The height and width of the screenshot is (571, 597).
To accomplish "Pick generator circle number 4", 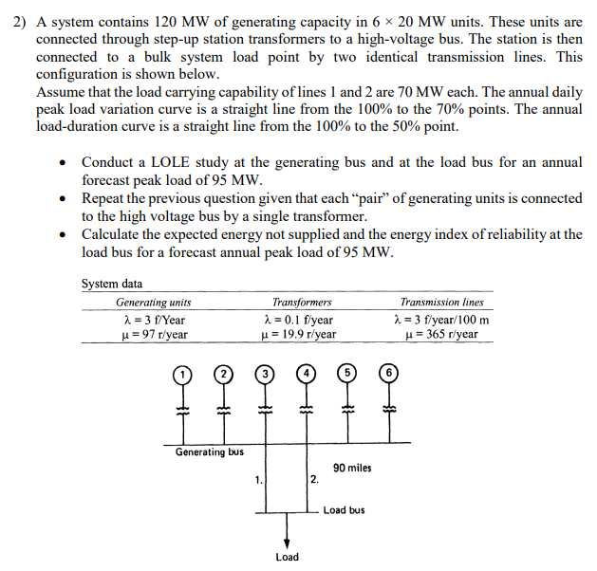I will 308,373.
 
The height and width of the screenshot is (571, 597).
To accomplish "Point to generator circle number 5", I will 346,373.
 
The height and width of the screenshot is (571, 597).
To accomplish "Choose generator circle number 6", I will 388,373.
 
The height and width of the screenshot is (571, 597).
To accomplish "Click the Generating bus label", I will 209,452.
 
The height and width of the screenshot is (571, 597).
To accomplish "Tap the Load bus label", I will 344,510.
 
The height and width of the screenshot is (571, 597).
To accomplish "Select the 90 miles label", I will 352,469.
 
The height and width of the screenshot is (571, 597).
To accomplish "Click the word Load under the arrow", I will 287,557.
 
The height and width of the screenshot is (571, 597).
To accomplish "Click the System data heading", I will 112,284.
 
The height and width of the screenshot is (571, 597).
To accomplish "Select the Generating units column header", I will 153,303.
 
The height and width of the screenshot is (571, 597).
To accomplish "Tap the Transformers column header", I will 302,303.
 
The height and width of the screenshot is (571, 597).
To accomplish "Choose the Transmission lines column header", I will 441,303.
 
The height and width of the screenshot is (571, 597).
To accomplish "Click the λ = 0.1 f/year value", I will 298,321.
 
